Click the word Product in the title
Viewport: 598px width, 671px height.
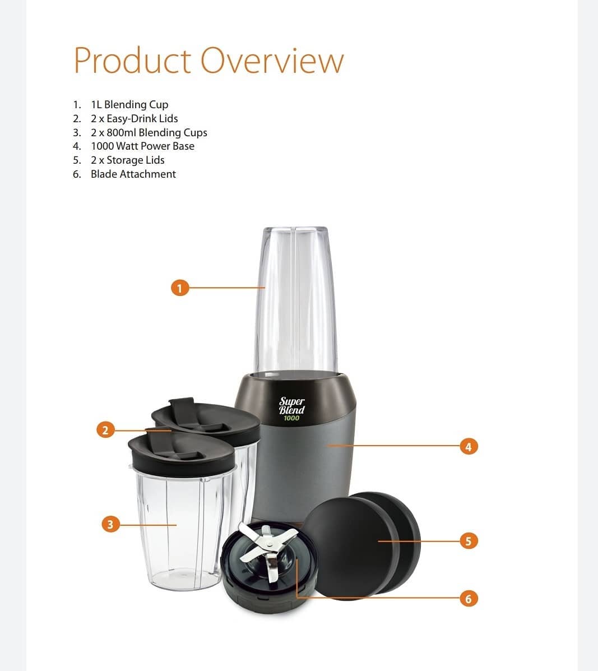point(132,61)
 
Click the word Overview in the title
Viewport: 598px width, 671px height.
point(272,61)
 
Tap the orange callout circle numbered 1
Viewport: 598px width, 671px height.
point(180,288)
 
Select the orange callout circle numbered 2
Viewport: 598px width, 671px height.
point(105,429)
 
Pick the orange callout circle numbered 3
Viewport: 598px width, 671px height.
point(110,524)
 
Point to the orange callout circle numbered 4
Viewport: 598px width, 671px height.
point(469,446)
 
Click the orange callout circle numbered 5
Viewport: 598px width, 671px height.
point(469,541)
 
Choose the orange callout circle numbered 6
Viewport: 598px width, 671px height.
point(469,598)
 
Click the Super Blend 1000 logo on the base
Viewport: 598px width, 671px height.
point(292,409)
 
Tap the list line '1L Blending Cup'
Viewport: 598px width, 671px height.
point(129,104)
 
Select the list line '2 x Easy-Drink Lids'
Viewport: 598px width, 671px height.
point(135,118)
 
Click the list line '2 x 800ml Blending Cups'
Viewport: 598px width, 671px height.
point(149,133)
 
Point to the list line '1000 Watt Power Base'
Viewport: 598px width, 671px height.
point(142,146)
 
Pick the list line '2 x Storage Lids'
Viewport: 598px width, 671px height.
point(127,160)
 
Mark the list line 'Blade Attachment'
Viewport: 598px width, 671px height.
point(133,174)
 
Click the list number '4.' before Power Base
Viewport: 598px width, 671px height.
point(77,146)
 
